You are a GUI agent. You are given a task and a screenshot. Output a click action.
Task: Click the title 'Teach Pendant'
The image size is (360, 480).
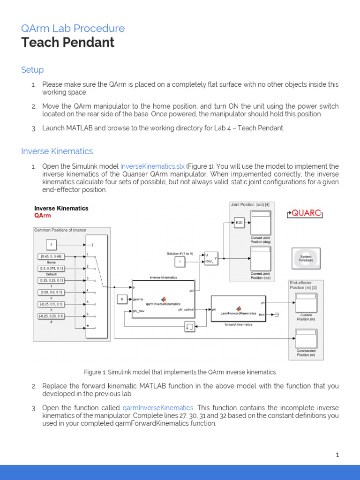67,43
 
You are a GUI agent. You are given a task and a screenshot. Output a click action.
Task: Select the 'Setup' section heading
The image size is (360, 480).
32,70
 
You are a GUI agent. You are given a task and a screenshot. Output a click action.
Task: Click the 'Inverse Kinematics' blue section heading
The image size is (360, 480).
57,151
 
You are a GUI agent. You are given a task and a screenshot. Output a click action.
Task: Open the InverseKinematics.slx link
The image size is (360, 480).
152,166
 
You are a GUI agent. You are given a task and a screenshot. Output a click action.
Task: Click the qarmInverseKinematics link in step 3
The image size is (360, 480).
158,408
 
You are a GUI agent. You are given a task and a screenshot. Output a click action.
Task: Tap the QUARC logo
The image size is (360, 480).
305,213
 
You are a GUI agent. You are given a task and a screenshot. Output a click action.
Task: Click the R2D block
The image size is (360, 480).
240,223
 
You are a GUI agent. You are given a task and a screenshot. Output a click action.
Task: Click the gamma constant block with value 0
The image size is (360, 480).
122,299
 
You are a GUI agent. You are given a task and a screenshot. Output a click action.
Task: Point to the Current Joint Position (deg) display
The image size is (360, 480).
261,223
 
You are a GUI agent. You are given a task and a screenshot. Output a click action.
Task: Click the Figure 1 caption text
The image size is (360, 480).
180,372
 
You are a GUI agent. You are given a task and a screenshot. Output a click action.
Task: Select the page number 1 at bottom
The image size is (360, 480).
337,454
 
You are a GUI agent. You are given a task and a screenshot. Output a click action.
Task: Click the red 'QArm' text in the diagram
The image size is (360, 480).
43,216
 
